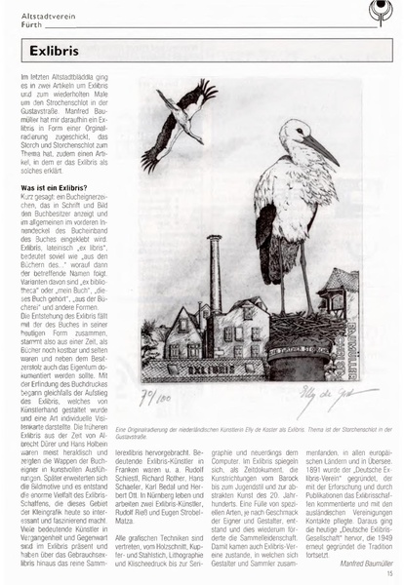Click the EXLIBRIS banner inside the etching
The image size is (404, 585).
[x=191, y=370]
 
